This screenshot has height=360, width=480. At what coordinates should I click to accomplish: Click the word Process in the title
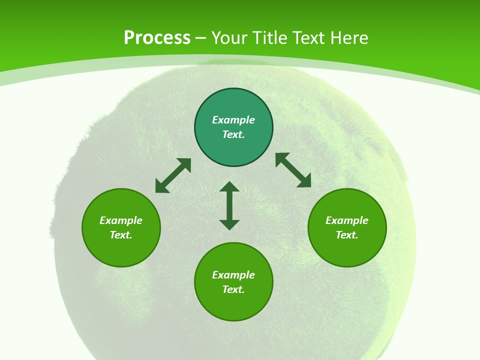pos(157,38)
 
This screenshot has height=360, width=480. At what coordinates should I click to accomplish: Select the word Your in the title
pos(228,38)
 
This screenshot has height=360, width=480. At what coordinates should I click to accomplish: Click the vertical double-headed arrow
pos(229,205)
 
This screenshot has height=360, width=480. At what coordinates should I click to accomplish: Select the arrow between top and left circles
pos(173,175)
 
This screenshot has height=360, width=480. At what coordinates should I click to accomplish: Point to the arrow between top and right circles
pos(293,170)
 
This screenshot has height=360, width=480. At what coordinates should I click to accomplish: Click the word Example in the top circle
pos(233,120)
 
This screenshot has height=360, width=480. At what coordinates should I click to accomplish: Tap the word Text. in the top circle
pos(233,134)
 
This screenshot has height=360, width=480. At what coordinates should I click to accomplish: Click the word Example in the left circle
pos(121,220)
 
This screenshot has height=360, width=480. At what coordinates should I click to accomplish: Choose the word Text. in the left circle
pos(121,235)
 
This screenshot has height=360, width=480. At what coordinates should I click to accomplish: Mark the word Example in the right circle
pos(347,220)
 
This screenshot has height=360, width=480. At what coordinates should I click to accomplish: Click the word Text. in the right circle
pos(347,235)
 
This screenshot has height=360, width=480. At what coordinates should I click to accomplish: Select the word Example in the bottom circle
pos(233,275)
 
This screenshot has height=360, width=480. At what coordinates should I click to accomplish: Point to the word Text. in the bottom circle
pos(233,289)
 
